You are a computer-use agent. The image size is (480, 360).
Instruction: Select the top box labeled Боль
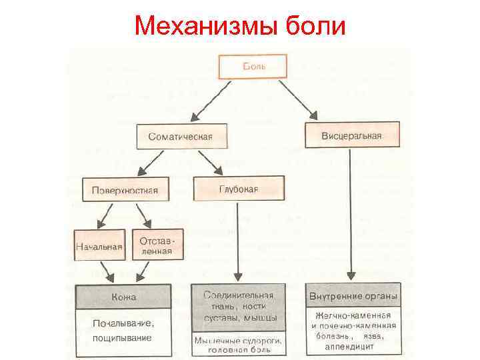[253, 67]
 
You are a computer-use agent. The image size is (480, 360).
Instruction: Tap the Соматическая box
[181, 136]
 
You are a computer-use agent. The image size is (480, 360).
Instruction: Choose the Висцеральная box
[351, 135]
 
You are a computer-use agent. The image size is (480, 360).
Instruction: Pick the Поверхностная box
[125, 190]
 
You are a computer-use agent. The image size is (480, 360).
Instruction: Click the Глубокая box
[238, 189]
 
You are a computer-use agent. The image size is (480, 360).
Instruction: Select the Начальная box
[99, 245]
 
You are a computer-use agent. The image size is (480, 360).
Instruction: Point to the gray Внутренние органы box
[353, 295]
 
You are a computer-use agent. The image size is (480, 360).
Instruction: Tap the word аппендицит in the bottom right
[353, 347]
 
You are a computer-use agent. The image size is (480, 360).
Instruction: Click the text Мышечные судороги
[238, 341]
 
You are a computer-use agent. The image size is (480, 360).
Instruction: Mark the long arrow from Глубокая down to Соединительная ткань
[238, 240]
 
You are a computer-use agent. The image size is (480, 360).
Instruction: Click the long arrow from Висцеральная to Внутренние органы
[351, 213]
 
